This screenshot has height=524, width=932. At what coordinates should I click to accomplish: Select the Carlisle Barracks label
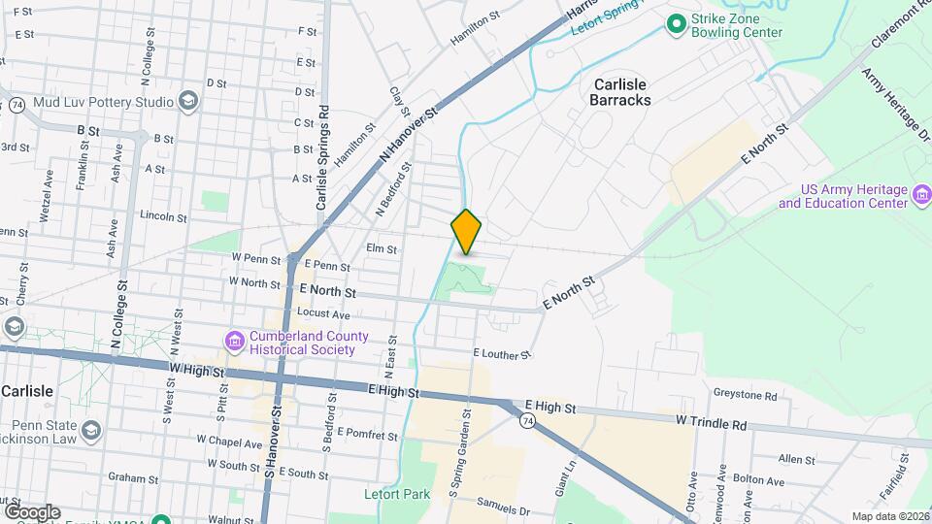(x=620, y=92)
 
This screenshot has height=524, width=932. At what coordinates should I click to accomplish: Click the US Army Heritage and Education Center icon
(x=921, y=197)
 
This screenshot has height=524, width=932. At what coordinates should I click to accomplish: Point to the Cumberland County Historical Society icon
(x=235, y=342)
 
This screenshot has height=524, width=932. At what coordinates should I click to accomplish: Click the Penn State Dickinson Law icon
(x=90, y=430)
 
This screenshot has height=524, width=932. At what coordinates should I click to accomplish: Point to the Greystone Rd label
(x=746, y=396)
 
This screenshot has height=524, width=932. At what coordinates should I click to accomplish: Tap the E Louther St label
(x=502, y=355)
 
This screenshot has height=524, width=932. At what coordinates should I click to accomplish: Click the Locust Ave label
(x=324, y=314)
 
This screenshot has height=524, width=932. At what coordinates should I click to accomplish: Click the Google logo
(x=32, y=511)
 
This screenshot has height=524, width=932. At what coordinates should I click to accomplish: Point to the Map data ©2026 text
(x=890, y=516)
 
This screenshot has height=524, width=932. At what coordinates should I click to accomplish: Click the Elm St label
(x=382, y=249)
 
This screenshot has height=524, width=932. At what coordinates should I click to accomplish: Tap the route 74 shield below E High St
(x=526, y=420)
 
